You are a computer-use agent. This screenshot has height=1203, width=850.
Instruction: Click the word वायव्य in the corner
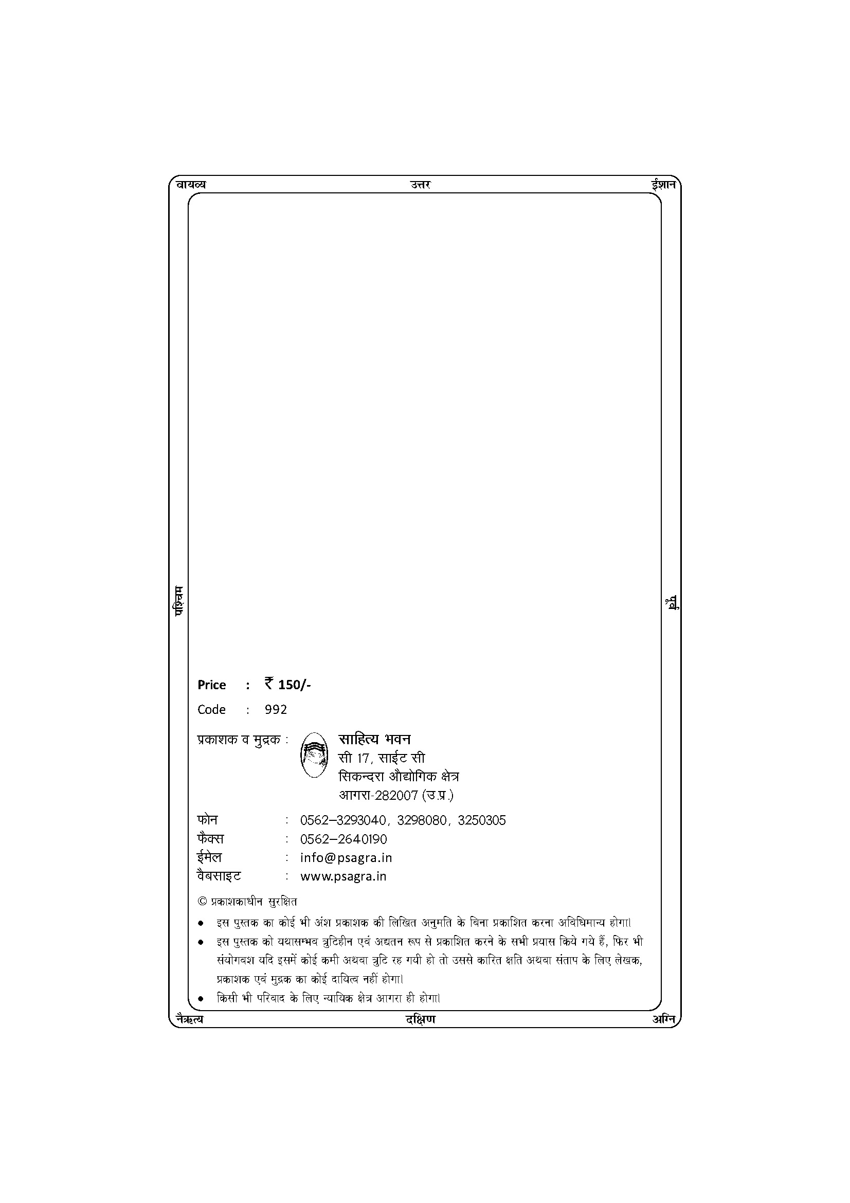tap(191, 185)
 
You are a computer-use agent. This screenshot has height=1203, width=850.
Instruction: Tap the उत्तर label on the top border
tap(421, 185)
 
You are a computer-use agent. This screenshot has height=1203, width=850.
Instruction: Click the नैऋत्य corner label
tap(190, 1019)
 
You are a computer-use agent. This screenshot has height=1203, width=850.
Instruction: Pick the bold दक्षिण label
tap(420, 1019)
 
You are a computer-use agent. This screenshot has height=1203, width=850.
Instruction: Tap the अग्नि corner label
tap(663, 1018)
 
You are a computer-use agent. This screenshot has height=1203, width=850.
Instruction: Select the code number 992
tap(276, 709)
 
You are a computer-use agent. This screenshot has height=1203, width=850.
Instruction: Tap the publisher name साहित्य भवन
tap(374, 739)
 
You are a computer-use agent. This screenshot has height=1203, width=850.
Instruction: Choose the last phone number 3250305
tap(482, 820)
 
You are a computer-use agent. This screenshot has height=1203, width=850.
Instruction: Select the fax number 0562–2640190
tap(343, 839)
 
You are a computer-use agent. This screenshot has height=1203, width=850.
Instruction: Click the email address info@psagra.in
tap(346, 858)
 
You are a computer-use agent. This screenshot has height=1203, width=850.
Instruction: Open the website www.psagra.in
tap(343, 876)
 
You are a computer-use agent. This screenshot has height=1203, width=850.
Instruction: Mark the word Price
tap(211, 685)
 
